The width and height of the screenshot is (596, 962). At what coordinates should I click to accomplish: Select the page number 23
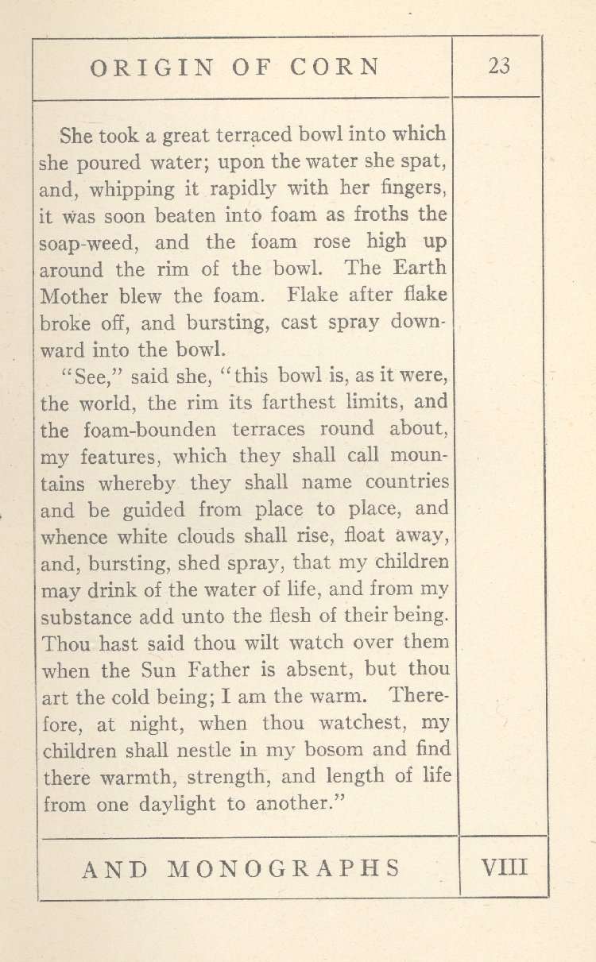pyautogui.click(x=499, y=67)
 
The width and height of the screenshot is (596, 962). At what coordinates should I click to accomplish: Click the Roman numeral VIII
pyautogui.click(x=504, y=866)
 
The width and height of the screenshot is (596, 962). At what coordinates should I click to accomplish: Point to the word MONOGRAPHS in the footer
pyautogui.click(x=284, y=867)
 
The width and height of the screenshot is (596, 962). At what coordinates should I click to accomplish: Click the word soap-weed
pyautogui.click(x=77, y=243)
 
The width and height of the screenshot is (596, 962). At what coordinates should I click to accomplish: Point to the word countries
pyautogui.click(x=408, y=483)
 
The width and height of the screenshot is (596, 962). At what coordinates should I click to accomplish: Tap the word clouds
pyautogui.click(x=211, y=536)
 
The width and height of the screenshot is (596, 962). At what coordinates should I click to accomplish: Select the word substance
pyautogui.click(x=86, y=616)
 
